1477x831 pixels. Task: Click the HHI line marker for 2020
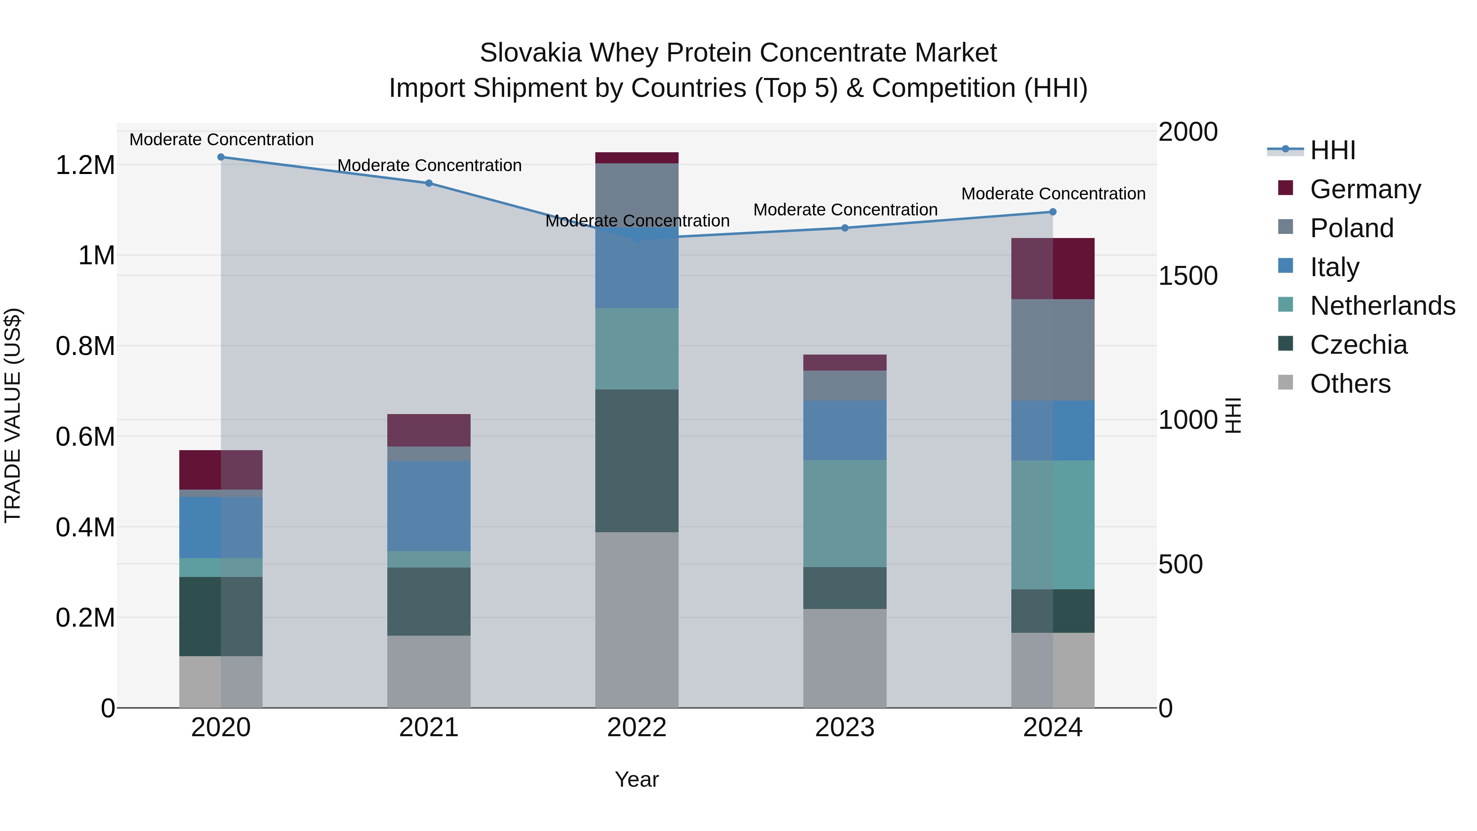coord(221,157)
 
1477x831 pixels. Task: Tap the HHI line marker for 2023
coord(845,228)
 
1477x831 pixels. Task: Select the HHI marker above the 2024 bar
coord(1053,212)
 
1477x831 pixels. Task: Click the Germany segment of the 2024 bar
coord(1053,268)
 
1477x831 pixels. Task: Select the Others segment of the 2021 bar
coord(429,671)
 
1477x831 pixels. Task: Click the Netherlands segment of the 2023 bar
coord(845,513)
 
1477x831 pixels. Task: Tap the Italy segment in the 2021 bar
coord(429,506)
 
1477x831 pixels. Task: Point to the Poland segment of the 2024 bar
coord(1053,350)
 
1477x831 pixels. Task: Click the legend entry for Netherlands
coord(1382,306)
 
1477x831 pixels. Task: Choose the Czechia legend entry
coord(1358,345)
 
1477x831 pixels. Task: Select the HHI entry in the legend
coord(1332,150)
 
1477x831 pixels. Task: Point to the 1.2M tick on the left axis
coord(85,165)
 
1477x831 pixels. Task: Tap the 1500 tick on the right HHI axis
coord(1187,276)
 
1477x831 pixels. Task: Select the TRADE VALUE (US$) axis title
coord(13,415)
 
